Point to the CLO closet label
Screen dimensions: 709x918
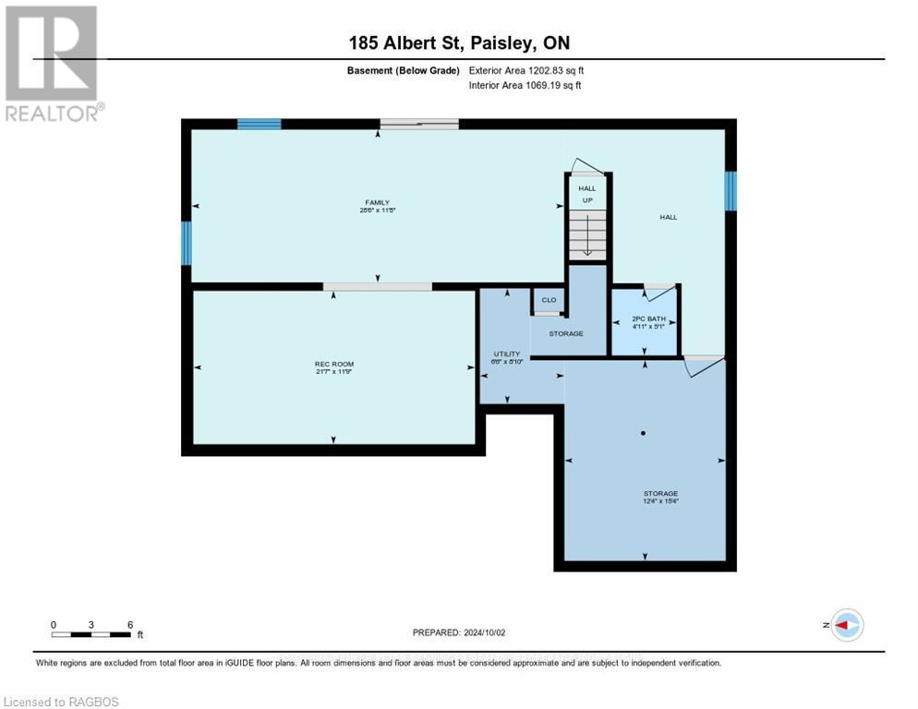pyautogui.click(x=549, y=300)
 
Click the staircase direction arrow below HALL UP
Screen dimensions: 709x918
pyautogui.click(x=587, y=242)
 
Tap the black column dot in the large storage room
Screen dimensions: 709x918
pyautogui.click(x=644, y=433)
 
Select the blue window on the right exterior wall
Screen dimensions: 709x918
pyautogui.click(x=730, y=190)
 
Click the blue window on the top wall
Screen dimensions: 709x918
pyautogui.click(x=259, y=124)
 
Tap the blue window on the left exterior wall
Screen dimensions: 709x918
pyautogui.click(x=186, y=243)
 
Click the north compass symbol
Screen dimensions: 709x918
pyautogui.click(x=846, y=625)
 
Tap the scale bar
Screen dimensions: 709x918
pyautogui.click(x=91, y=633)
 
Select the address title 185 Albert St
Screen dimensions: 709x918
pyautogui.click(x=459, y=42)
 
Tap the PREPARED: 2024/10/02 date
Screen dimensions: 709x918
pyautogui.click(x=459, y=632)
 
